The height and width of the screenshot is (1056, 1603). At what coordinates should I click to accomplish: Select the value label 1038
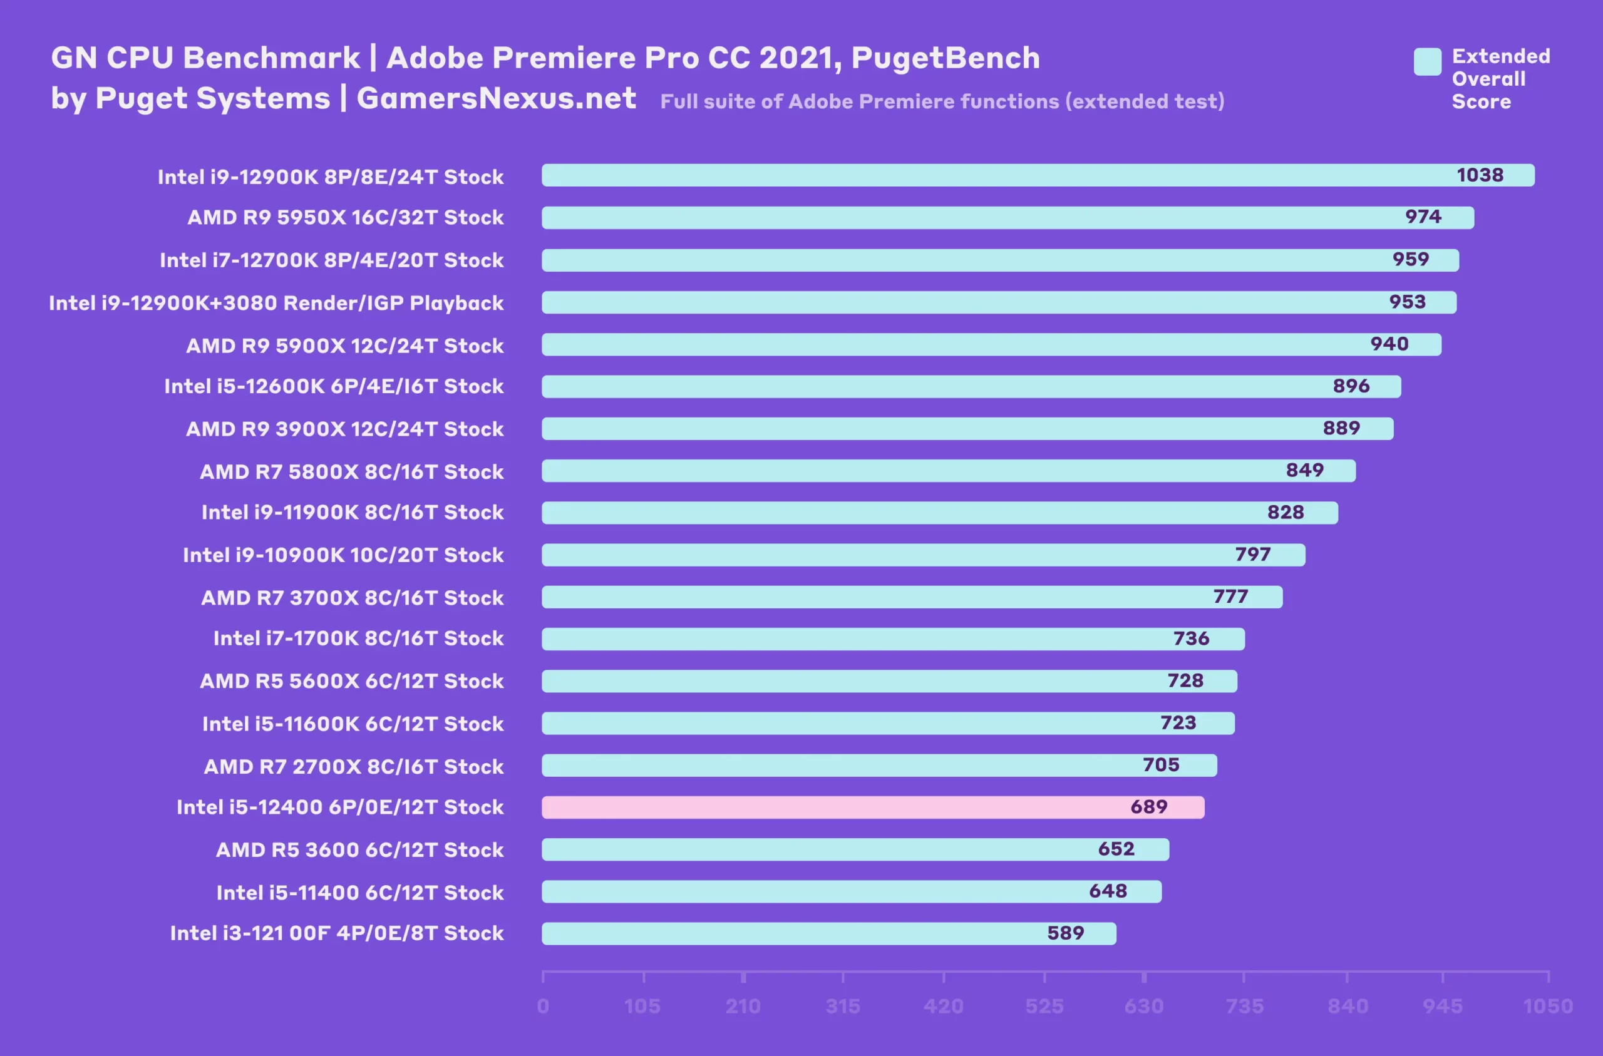pos(1479,175)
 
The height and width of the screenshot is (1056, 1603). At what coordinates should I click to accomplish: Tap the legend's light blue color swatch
pos(1427,62)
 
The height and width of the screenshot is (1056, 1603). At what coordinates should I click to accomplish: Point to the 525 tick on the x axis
pos(1044,1006)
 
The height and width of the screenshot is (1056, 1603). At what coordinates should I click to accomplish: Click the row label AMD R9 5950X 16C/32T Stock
pos(345,218)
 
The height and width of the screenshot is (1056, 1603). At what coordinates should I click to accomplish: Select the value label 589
pos(1065,933)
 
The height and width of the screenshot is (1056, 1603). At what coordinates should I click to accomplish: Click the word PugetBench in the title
pos(945,58)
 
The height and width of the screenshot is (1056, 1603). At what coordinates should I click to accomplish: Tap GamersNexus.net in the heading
pos(496,98)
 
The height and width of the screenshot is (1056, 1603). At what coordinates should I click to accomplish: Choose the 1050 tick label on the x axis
pos(1548,1006)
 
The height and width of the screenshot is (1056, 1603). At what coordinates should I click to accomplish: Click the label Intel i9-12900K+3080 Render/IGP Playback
pos(276,303)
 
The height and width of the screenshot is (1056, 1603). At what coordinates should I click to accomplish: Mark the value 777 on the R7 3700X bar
pos(1230,597)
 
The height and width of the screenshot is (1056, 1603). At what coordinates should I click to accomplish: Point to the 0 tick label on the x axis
pos(543,1006)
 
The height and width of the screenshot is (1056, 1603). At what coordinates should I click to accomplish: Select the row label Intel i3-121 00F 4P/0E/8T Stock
pos(337,933)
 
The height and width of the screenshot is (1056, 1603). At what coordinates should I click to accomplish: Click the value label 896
pos(1351,386)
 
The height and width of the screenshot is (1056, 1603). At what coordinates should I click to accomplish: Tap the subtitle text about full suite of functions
pos(942,101)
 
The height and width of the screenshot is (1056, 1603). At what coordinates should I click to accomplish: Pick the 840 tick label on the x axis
pos(1347,1006)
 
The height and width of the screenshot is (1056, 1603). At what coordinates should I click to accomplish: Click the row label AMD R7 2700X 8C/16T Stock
pos(354,766)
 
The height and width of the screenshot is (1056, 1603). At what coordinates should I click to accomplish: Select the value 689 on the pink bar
pos(1148,807)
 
